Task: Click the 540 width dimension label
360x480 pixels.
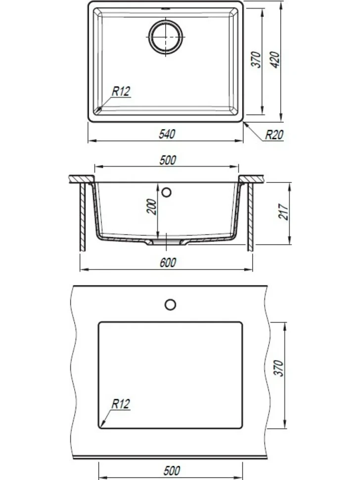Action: [x=167, y=134]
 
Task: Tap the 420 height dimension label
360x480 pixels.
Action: [x=275, y=60]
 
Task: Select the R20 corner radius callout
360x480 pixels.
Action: [x=274, y=135]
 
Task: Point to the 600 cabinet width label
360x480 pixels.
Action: [x=168, y=262]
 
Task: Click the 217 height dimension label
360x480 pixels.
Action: [x=283, y=211]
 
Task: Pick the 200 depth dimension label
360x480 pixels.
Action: [x=151, y=207]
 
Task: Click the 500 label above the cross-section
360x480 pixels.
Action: [x=168, y=160]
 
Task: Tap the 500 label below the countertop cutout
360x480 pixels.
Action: [x=172, y=471]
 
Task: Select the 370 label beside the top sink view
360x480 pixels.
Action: [x=256, y=60]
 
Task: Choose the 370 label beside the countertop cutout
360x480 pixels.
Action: [x=278, y=368]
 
